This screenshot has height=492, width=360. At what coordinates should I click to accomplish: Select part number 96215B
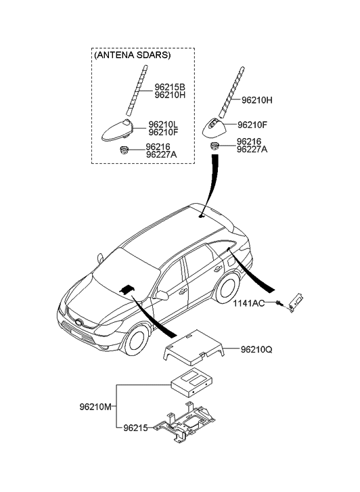pos(170,87)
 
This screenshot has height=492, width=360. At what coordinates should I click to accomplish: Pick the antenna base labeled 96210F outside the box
pos(216,127)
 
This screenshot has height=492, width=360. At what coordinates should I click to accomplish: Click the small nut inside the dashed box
pos(125,150)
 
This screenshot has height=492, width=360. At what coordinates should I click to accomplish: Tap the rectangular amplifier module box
pos(192,382)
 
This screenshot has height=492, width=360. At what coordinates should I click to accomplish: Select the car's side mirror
pos(162,296)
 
